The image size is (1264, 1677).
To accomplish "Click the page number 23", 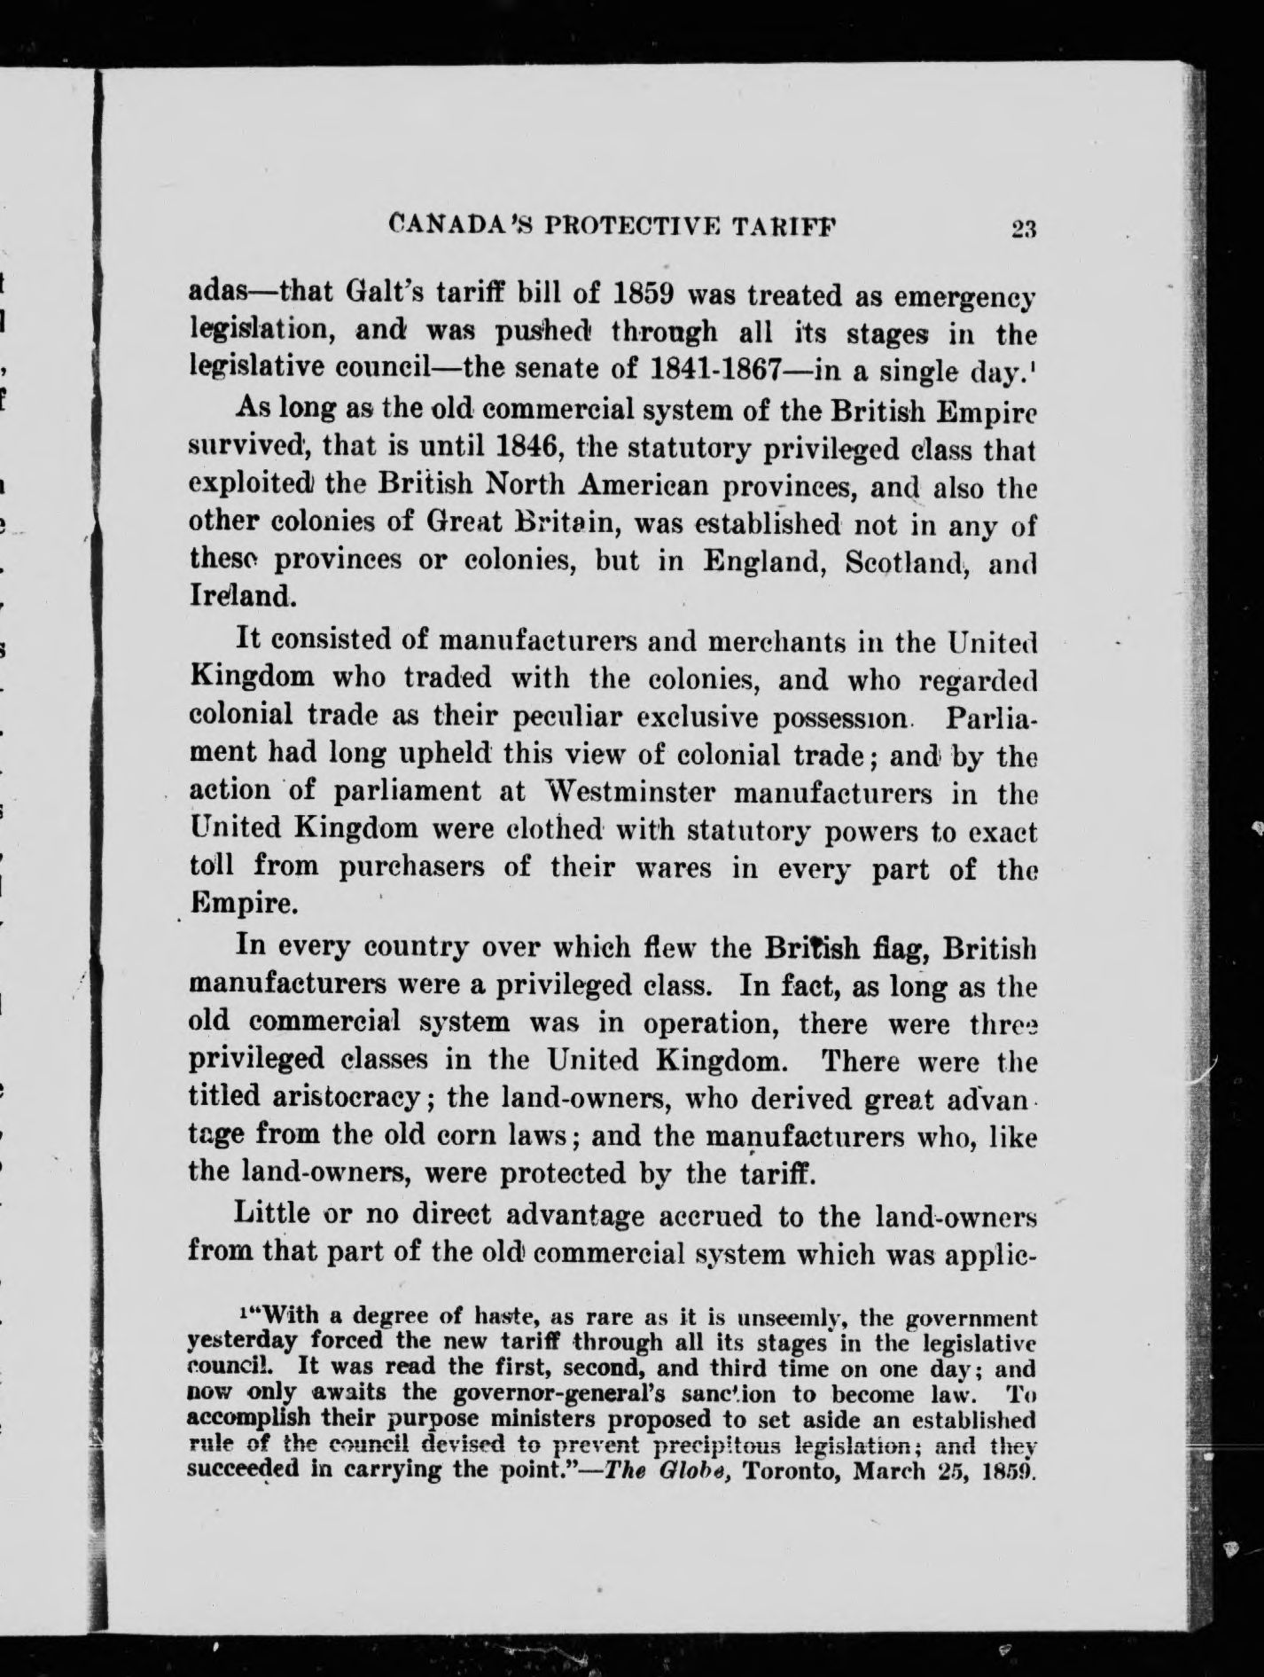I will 1022,229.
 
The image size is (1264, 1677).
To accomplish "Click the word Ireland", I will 238,595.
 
